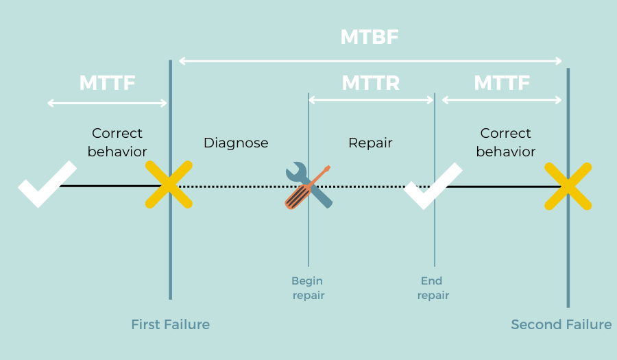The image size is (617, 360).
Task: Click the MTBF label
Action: tap(370, 37)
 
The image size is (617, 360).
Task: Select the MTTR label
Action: tap(370, 83)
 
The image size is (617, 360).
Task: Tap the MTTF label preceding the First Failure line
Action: tap(107, 83)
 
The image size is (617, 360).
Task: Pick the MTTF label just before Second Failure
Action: tap(502, 83)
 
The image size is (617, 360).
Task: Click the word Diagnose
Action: tap(236, 143)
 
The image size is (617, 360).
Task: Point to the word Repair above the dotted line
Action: tap(370, 143)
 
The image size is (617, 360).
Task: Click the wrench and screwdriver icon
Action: tap(308, 185)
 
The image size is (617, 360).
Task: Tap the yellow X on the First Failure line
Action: tap(169, 185)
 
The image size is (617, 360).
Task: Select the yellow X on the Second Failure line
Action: tap(568, 185)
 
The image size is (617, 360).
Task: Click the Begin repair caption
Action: tap(308, 288)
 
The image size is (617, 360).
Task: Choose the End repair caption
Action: tap(433, 288)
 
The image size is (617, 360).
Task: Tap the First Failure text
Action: tap(170, 324)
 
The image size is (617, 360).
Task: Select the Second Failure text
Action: tap(561, 324)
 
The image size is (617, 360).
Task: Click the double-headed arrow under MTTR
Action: tap(371, 100)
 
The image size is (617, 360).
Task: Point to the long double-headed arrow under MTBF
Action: tap(370, 61)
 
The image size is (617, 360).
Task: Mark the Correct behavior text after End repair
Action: tap(505, 142)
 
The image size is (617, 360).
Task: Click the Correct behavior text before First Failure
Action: tap(117, 142)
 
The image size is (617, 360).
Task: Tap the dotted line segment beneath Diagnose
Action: tap(237, 186)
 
